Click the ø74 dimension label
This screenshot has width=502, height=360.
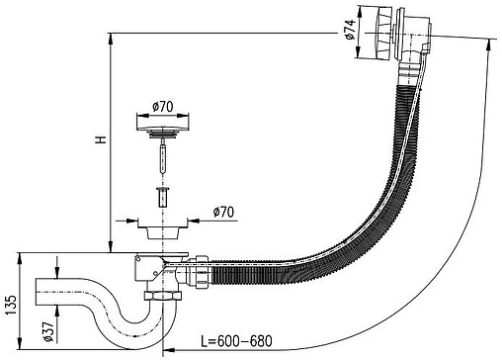(351, 30)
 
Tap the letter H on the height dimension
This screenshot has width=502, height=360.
(101, 139)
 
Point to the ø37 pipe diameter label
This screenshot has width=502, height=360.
(48, 331)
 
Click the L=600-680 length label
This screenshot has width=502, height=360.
(237, 341)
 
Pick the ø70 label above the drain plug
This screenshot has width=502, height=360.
(163, 107)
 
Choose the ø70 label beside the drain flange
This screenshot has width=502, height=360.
(224, 212)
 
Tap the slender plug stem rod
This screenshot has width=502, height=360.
(162, 156)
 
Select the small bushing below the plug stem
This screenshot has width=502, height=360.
(162, 197)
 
